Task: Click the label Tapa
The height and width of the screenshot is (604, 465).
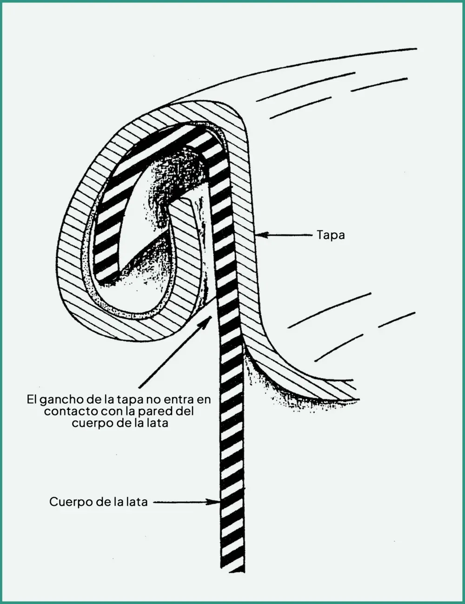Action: tap(331, 236)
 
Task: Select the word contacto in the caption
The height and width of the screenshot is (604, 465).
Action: tap(71, 411)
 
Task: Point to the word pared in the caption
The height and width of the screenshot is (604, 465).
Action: tap(159, 412)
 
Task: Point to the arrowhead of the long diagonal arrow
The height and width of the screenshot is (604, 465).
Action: tap(207, 322)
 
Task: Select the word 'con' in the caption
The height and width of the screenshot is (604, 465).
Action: tap(111, 412)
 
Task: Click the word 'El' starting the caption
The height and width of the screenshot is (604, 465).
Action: tap(32, 400)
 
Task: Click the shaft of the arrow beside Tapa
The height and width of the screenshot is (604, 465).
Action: tap(290, 235)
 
